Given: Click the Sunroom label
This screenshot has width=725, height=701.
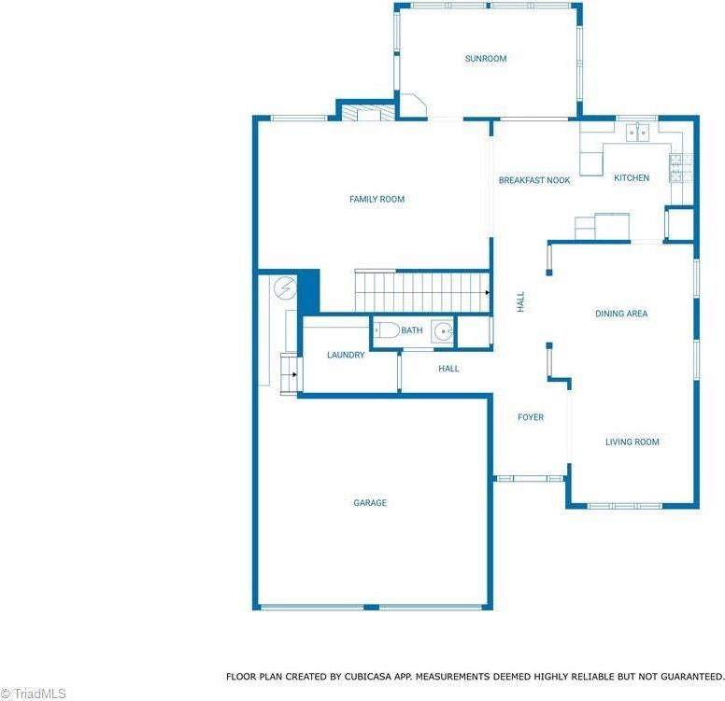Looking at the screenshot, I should coord(486,59).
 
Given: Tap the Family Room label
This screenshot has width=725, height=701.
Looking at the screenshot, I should coord(377,199).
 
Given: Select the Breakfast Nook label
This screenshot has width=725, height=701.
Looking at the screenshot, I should coord(534,180).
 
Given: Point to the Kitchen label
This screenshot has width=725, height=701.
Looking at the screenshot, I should coord(631,178).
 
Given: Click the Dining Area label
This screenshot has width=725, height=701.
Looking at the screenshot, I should coord(621,314).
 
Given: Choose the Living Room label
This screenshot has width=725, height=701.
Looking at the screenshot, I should coord(632,442).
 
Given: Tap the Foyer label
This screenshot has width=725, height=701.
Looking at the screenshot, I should coord(531,417).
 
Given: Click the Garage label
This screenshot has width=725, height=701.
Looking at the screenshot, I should coord(370,503).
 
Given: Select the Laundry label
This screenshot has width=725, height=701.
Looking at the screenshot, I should coord(345,355).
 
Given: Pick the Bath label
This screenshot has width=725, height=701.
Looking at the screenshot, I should coord(412,330).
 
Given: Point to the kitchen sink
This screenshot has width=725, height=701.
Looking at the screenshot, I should coord(638,133).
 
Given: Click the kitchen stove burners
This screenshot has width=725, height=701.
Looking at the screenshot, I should coord(679,168).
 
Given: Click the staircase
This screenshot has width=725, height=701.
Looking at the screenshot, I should coord(420,290).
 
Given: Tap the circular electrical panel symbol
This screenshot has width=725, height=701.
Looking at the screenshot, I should coord(285,288).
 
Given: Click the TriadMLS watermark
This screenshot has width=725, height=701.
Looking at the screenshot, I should coord(34,694).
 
